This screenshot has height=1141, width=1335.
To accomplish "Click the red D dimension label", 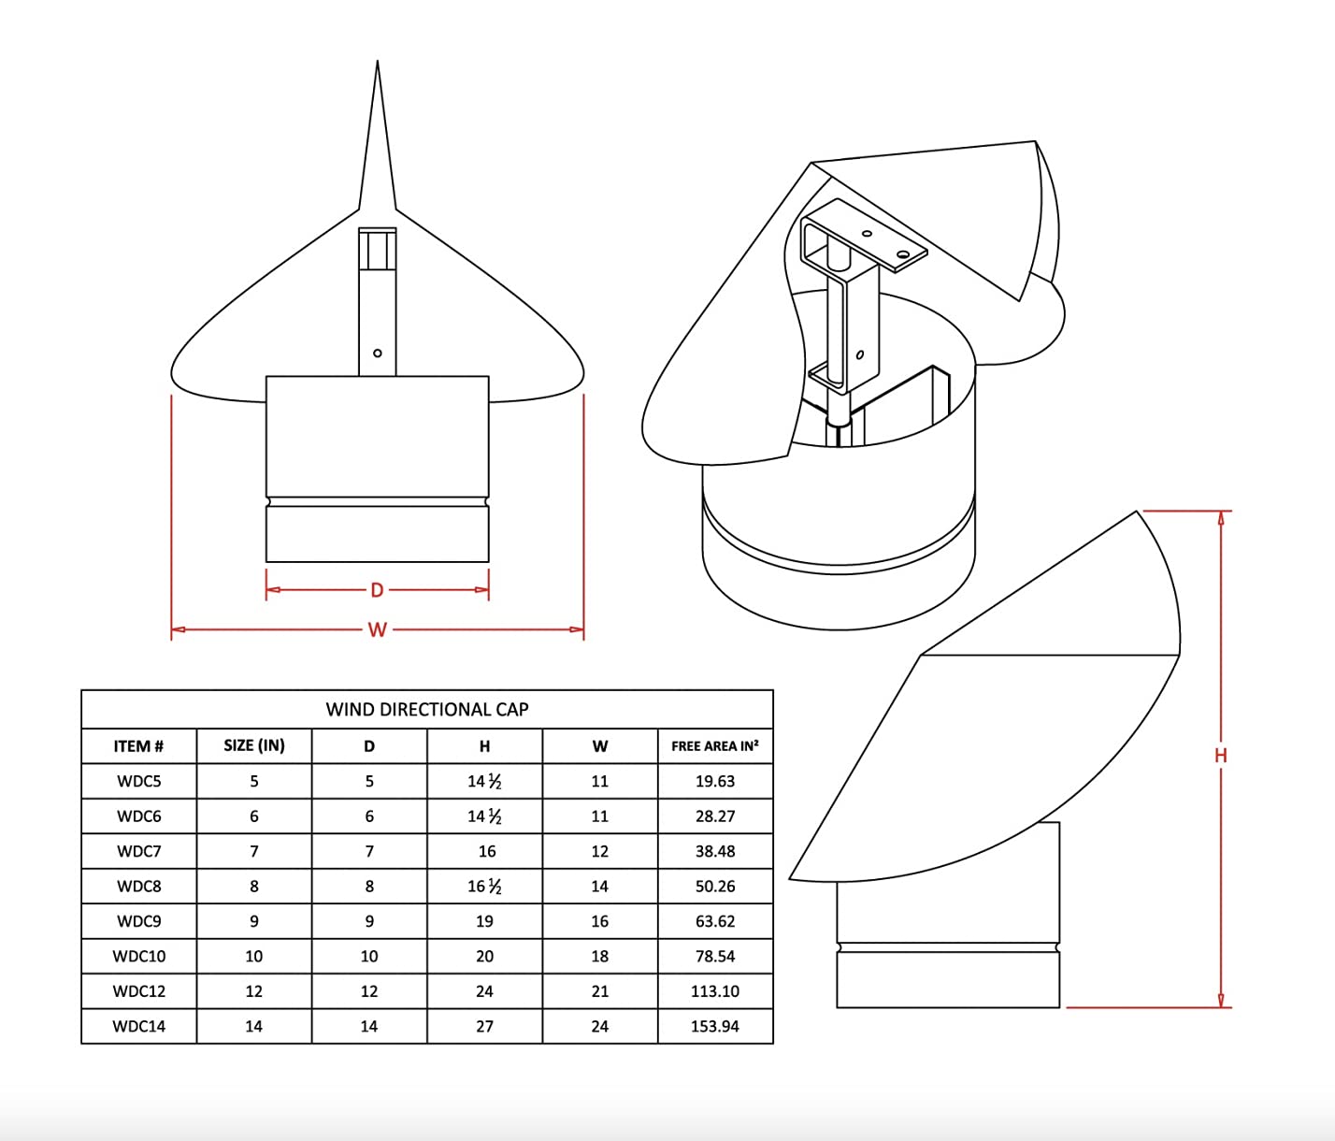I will point(377,590).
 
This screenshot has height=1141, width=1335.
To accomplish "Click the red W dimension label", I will point(377,629).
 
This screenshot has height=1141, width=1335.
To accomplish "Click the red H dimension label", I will point(1220,756).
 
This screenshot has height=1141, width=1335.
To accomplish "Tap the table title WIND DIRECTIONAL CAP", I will point(427,709).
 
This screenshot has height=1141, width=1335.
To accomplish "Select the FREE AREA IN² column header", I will point(715,746).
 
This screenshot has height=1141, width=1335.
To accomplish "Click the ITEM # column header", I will point(138,746).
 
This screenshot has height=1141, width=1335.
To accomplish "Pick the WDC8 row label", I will point(138,887).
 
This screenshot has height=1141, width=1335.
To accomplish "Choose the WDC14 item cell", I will point(138,1026).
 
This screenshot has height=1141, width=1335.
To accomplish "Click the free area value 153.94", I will point(715,1026).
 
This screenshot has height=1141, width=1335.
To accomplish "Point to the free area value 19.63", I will point(715,781).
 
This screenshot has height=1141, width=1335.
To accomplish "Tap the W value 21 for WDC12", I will point(600,991).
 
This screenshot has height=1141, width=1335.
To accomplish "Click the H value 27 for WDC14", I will point(484,1026).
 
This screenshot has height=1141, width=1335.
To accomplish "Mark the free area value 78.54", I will point(715,956).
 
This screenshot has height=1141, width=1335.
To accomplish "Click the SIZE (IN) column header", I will point(254,745).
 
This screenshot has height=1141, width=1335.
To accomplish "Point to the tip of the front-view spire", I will point(377,63).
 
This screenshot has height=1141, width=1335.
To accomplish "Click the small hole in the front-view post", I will point(377,353).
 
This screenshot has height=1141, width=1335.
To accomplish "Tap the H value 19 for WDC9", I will point(484,921).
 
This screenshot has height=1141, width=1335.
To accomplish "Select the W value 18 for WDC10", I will point(600,956).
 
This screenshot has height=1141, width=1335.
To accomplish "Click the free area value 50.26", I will point(715,887).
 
